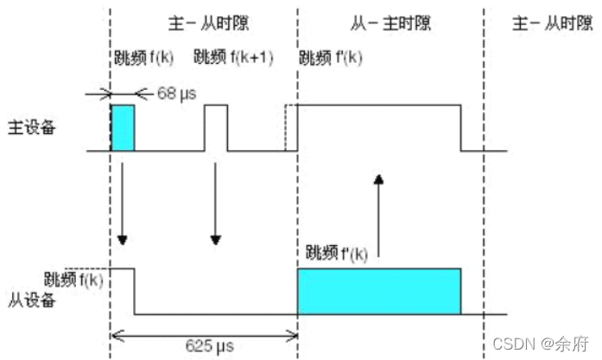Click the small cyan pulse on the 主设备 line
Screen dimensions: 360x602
(x=123, y=129)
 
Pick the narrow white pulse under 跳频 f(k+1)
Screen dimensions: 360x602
(x=216, y=129)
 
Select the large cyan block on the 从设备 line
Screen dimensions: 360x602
(x=378, y=291)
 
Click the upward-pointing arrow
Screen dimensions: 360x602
(x=378, y=216)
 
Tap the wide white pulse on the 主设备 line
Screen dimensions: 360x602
(x=378, y=129)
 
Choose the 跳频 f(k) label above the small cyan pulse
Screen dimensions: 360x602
(x=143, y=58)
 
